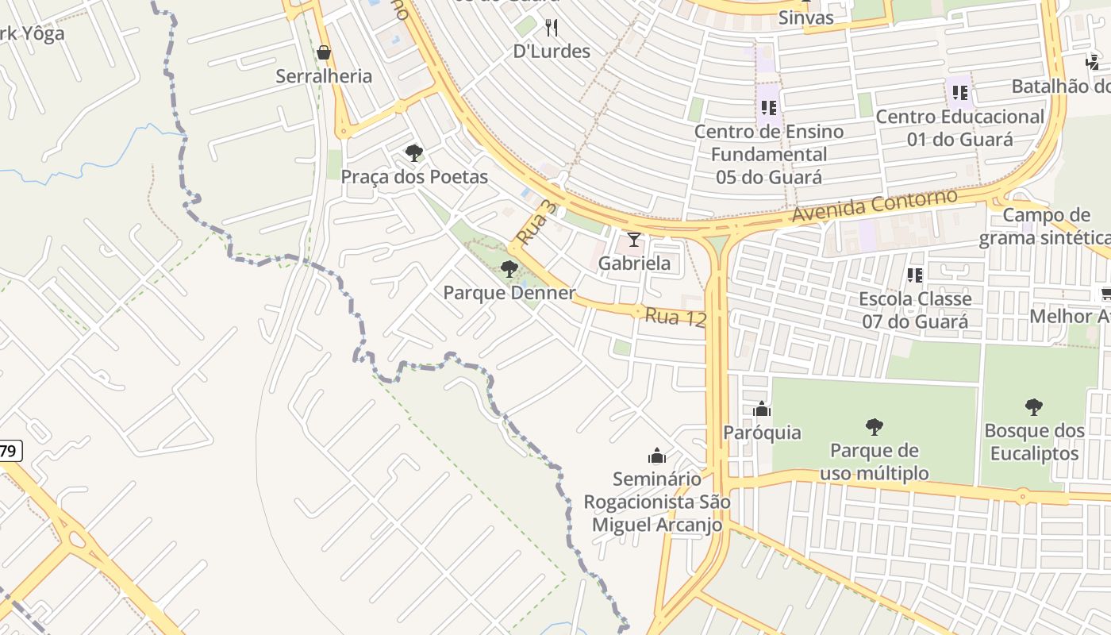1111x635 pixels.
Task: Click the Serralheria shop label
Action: (324, 76)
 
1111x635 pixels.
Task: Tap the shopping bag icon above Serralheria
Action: (324, 53)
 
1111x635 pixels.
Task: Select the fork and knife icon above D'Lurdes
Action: (552, 29)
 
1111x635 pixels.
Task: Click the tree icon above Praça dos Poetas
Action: (413, 153)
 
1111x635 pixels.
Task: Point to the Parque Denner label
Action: (509, 293)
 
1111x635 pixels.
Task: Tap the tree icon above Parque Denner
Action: (509, 269)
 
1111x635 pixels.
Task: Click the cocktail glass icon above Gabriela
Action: (634, 240)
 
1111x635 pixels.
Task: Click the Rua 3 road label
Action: (537, 223)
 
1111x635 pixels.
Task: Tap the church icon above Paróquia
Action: (762, 410)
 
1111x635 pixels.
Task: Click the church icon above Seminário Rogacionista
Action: (657, 456)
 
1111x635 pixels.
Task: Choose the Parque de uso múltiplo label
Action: (874, 462)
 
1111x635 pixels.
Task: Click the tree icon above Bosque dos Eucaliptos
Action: (1033, 407)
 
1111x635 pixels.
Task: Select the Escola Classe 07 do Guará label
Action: (915, 310)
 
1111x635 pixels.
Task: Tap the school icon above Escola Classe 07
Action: (915, 275)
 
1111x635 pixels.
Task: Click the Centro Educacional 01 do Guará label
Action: (959, 128)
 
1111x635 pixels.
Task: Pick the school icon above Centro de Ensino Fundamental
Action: (768, 106)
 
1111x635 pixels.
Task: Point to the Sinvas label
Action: (806, 17)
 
